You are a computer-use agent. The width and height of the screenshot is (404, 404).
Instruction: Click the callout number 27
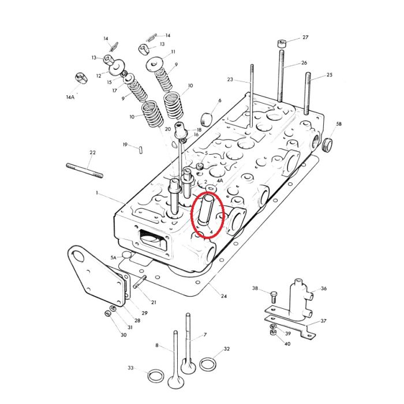click(305, 38)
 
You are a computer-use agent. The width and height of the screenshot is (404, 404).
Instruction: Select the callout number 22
click(92, 152)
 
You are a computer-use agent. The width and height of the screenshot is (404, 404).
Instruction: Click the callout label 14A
click(70, 98)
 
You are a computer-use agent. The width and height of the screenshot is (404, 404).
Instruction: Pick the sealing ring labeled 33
click(154, 376)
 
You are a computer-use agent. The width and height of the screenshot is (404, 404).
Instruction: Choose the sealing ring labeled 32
click(208, 364)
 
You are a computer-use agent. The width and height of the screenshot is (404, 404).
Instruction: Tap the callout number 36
click(323, 289)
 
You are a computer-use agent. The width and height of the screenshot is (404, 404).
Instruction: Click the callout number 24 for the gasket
click(223, 296)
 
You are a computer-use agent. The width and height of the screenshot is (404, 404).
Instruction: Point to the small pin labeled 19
click(141, 149)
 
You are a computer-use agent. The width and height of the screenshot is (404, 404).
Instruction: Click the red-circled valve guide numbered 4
click(207, 214)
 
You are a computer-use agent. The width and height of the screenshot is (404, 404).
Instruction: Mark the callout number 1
click(98, 192)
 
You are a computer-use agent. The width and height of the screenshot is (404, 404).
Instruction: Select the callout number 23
click(230, 80)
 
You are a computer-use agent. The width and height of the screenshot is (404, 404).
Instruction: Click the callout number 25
click(330, 75)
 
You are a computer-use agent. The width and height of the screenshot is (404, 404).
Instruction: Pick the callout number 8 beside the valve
click(156, 345)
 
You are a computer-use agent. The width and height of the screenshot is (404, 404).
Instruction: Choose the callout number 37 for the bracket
click(324, 321)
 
